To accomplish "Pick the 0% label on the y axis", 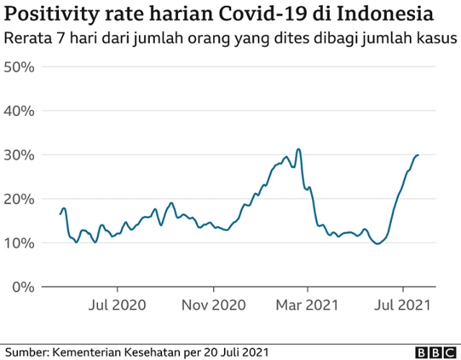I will (24, 287).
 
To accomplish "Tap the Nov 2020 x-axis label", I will (214, 305).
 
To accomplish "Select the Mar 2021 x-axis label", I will (308, 305).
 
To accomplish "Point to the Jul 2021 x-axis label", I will (402, 305).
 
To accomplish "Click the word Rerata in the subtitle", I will (27, 39).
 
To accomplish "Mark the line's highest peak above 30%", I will (298, 149).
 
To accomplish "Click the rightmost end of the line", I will (419, 155).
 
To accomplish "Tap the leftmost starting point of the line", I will (60, 214).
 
